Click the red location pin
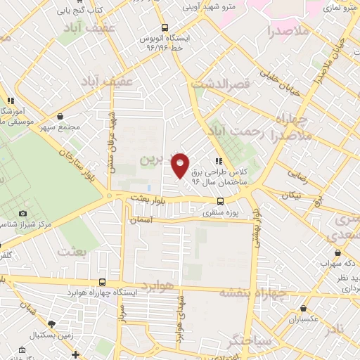[x=181, y=165]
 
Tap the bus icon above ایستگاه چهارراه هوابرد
[x=103, y=282]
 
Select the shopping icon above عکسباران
[x=303, y=308]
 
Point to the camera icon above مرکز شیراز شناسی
[x=23, y=213]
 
